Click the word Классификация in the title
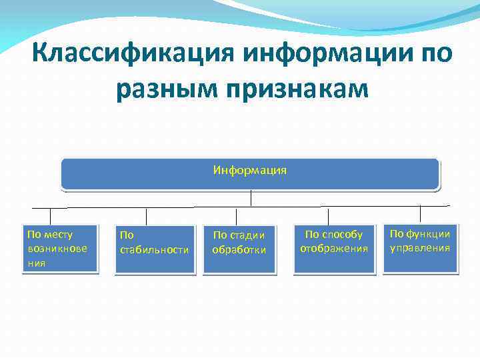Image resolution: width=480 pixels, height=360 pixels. coord(133,52)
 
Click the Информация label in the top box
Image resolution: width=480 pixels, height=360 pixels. coord(250,170)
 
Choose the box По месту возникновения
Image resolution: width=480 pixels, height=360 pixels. coord(60,249)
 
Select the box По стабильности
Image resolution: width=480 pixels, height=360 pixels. coord(155,249)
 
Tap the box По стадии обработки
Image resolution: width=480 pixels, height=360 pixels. coord(239,249)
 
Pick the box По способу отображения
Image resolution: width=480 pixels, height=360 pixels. coord(333,249)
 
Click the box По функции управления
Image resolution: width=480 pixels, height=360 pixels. coord(420,248)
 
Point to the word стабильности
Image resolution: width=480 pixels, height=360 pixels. coord(155,250)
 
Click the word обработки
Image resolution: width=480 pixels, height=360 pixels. coord(239,250)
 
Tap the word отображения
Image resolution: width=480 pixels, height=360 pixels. coord(333,249)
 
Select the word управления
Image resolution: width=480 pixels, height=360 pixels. coord(420,248)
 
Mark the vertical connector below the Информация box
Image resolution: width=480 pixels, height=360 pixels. coord(251,199)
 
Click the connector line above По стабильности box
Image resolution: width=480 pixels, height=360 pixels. coord(147,216)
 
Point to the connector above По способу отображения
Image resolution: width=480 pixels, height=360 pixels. coord(328,216)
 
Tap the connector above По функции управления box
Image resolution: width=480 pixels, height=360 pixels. coord(421,214)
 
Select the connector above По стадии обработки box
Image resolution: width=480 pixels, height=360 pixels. coord(236,216)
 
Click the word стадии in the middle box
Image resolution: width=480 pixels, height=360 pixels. coord(250,235)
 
